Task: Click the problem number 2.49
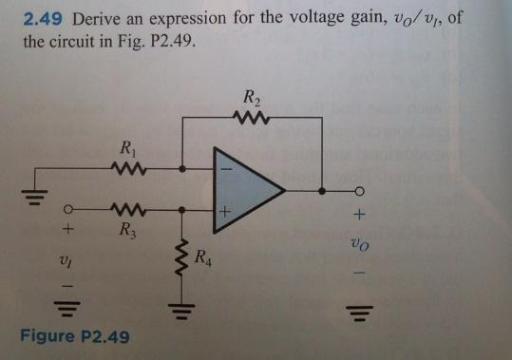coord(43,19)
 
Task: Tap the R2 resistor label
coord(251,96)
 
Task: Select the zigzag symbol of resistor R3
coord(126,210)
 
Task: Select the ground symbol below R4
coord(178,306)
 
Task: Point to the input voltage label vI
coord(67,256)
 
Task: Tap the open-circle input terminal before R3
coord(68,209)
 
